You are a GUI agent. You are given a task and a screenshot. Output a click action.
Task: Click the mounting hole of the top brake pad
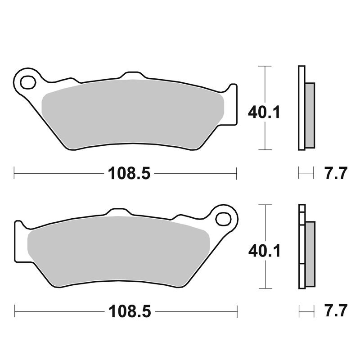click(x=28, y=82)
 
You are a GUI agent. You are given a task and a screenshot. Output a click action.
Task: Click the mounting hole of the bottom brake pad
click(x=223, y=219)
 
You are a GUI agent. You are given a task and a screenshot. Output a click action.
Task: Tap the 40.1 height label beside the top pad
click(x=264, y=112)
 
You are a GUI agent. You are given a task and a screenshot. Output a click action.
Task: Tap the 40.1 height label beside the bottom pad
click(x=265, y=251)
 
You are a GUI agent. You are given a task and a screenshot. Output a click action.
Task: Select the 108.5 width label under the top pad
click(x=129, y=173)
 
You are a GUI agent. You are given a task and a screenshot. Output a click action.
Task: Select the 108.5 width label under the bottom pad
click(x=130, y=311)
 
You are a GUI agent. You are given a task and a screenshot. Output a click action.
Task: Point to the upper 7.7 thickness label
click(x=335, y=173)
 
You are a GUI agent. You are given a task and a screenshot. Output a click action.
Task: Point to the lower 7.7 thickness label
click(x=336, y=310)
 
